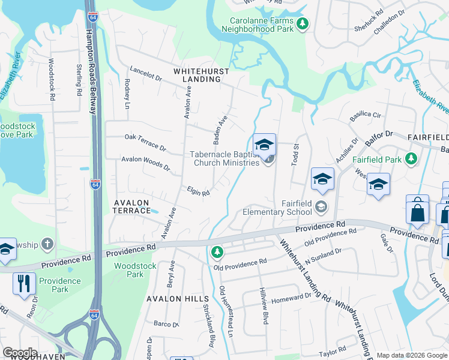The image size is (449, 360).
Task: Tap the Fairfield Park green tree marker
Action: click(411, 159)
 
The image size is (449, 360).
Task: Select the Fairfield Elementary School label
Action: click(278, 208)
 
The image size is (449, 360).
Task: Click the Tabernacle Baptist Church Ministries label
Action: click(225, 158)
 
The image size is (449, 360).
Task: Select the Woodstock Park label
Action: click(135, 270)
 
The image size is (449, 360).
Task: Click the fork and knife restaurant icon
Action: click(24, 283)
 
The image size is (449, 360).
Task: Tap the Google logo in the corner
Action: click(20, 352)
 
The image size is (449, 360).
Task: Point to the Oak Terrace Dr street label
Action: click(145, 142)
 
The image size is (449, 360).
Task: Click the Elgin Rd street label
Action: click(197, 191)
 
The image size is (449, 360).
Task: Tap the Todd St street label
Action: click(295, 155)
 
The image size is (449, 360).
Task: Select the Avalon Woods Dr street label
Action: click(146, 163)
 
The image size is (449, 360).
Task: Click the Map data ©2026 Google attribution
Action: click(412, 353)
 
